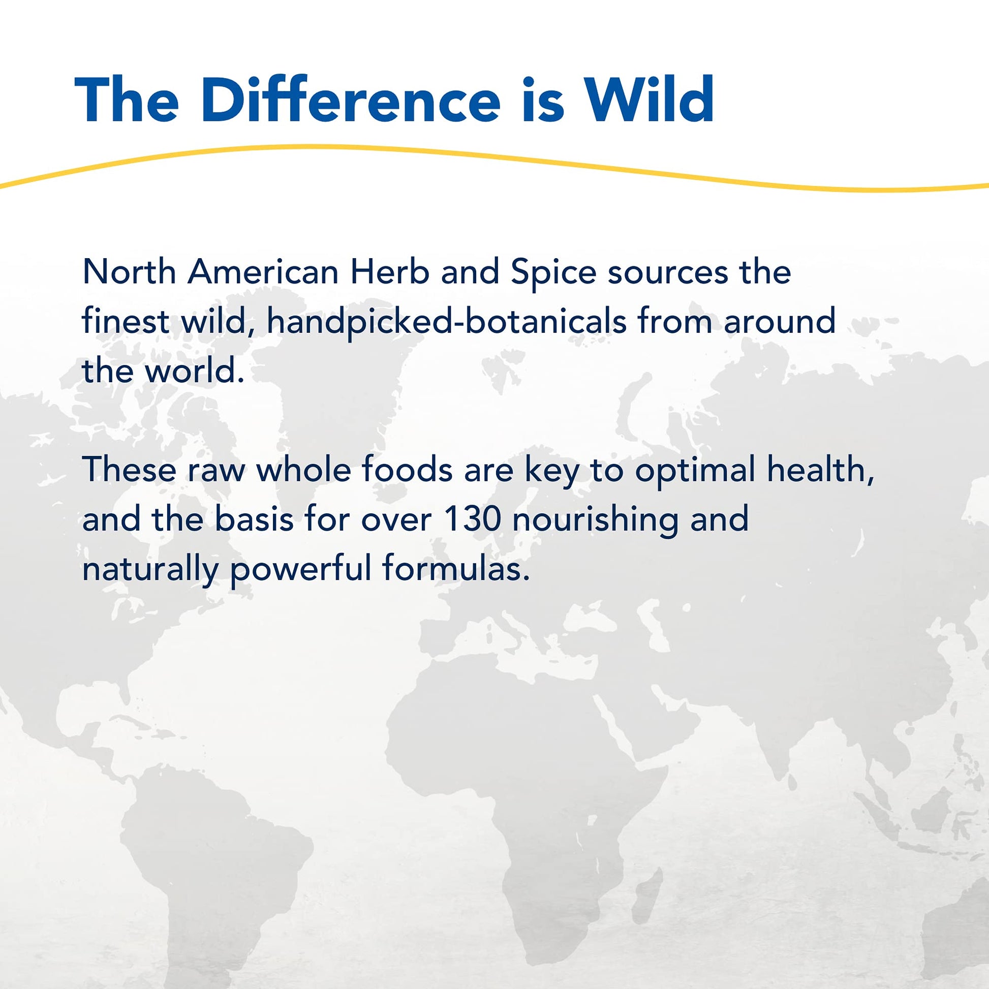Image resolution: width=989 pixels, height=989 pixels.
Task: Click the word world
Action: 194,371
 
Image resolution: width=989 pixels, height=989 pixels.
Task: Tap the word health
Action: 821,470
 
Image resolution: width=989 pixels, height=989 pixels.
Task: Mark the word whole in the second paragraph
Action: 303,470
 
